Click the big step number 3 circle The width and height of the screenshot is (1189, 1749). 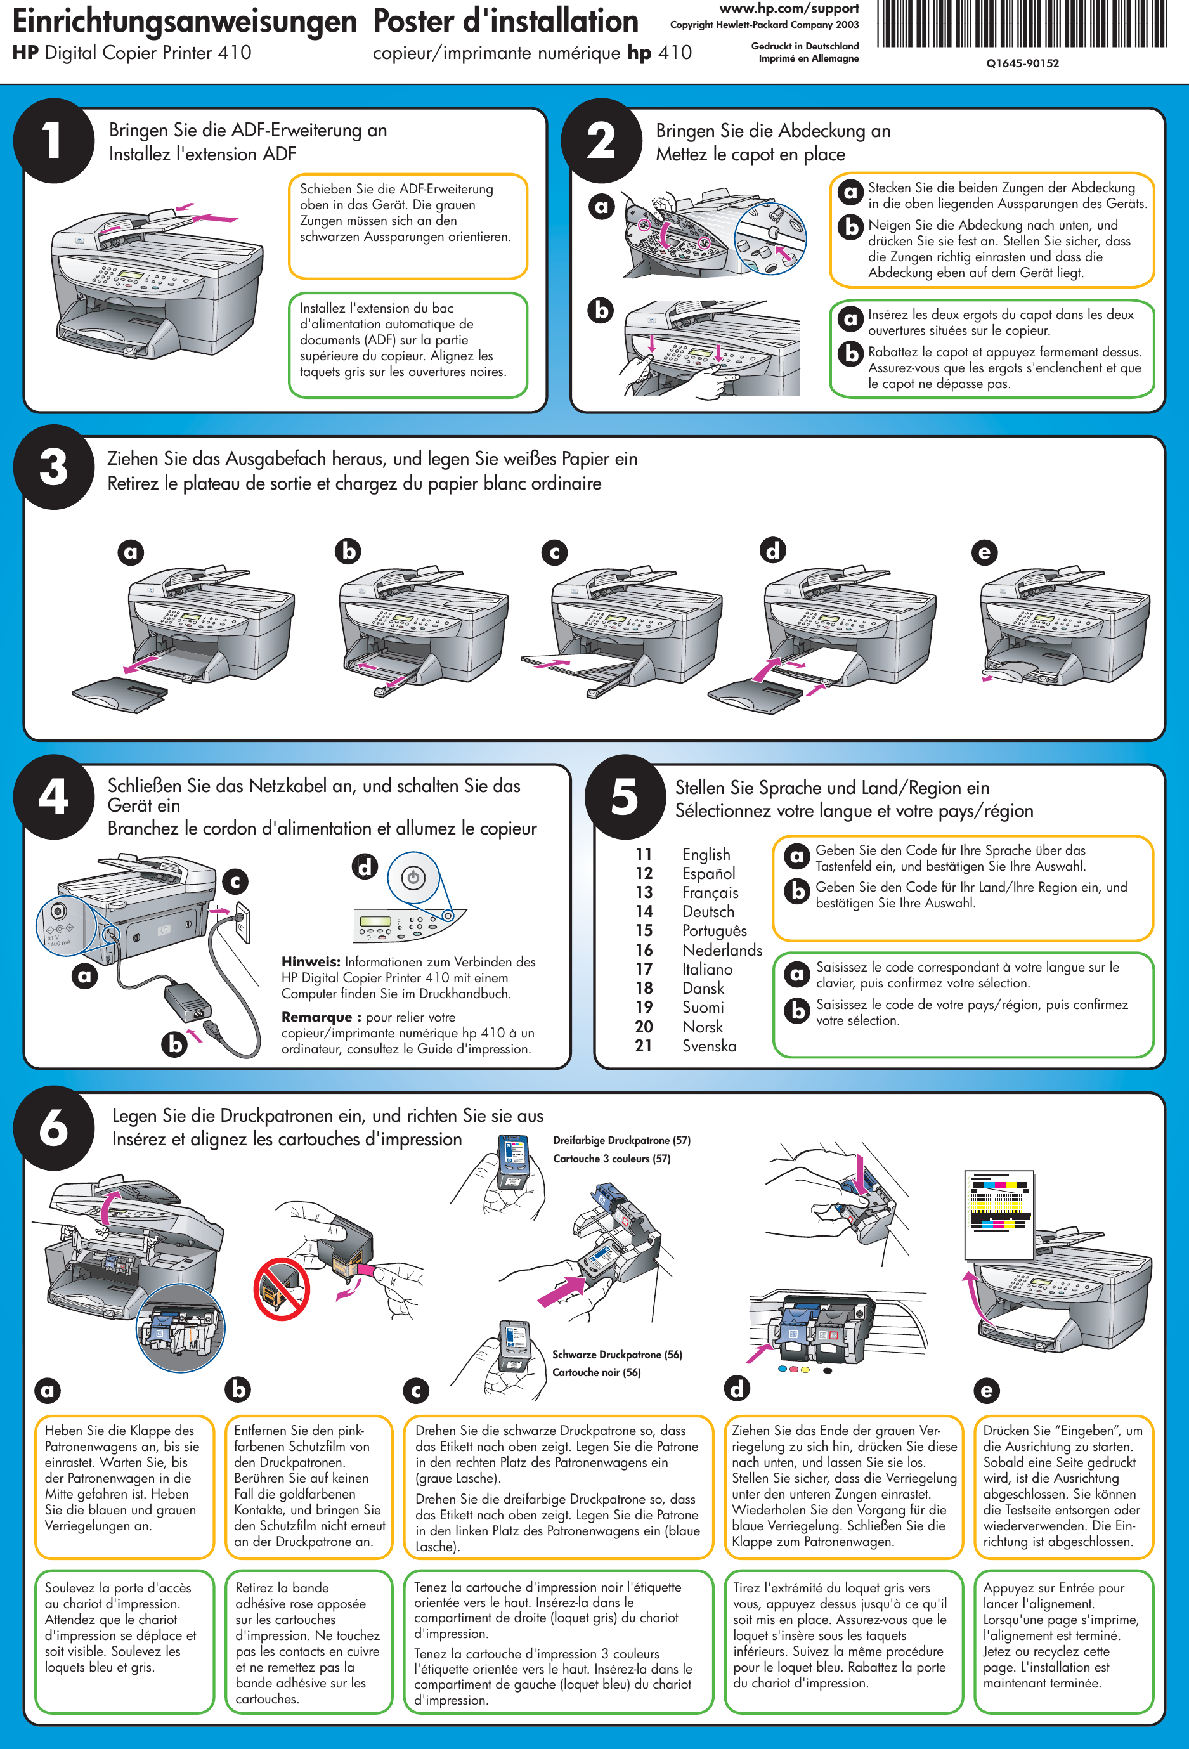point(53,467)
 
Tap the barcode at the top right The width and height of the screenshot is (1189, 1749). point(1022,25)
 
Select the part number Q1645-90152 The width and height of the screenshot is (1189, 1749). point(1022,64)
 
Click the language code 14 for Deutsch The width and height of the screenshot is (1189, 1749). point(644,911)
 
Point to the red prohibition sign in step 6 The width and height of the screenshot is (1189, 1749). point(282,1289)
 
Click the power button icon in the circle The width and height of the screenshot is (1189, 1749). point(413,878)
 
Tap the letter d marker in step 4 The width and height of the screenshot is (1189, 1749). point(365,867)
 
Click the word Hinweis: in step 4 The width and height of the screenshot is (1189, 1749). point(311,962)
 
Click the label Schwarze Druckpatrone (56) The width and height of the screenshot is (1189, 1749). point(617,1355)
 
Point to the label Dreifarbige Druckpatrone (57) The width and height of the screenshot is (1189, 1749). point(621,1140)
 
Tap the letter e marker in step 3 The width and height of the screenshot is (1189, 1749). point(984,552)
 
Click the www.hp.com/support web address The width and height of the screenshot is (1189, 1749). point(789,9)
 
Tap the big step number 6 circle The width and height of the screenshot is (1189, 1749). point(53,1128)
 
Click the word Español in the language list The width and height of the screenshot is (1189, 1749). point(708,873)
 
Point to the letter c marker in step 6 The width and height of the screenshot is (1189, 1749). point(416,1390)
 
